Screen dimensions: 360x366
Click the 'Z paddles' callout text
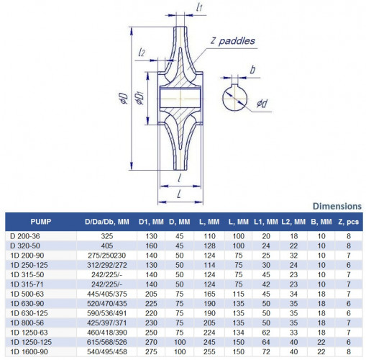coord(232,42)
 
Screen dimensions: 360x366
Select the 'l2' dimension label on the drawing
coord(143,53)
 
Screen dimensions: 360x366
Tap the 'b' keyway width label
coord(253,70)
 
